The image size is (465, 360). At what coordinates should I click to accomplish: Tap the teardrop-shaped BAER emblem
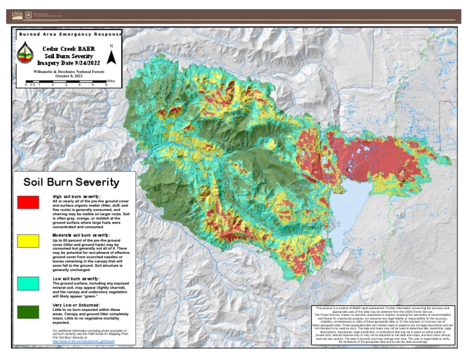point(25,55)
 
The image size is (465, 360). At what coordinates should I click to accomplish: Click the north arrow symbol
point(111,57)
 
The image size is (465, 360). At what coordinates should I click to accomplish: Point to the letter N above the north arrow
point(111,46)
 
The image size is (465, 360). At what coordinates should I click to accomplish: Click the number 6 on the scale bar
point(106,85)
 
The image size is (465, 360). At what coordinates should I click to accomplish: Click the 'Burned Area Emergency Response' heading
point(69,34)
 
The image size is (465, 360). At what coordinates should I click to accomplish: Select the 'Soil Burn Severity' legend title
point(71,182)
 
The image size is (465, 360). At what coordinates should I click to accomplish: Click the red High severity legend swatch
point(28,202)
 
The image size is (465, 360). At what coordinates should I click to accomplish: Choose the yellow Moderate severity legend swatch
point(28,241)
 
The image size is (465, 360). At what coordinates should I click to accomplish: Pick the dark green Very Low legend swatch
point(28,312)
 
